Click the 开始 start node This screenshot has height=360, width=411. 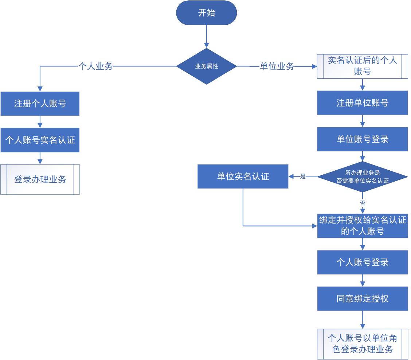tap(207, 13)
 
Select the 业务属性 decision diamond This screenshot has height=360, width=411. tap(207, 66)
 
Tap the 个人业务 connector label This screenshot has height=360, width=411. tap(95, 66)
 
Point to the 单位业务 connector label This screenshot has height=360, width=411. tap(277, 66)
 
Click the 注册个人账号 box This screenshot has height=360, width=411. tap(40, 104)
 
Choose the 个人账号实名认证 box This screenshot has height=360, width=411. tap(40, 140)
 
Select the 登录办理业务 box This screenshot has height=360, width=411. tap(40, 179)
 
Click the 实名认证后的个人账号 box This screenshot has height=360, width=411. tap(362, 66)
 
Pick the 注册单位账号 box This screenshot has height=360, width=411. tap(362, 103)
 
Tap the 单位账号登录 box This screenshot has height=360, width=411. tap(362, 139)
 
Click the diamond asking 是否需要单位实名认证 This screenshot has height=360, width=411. tap(362, 177)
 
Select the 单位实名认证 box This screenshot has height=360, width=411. tap(243, 177)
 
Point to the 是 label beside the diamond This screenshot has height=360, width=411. tap(303, 177)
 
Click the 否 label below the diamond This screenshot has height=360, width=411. tap(362, 203)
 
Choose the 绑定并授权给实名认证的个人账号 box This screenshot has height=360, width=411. tap(362, 226)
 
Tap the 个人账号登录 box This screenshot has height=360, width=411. tap(362, 262)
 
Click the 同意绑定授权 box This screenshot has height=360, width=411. tap(362, 299)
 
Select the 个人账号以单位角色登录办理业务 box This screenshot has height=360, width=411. tap(362, 344)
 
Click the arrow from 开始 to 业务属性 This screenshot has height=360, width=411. tap(207, 36)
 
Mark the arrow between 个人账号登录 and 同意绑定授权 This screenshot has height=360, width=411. tap(362, 280)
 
